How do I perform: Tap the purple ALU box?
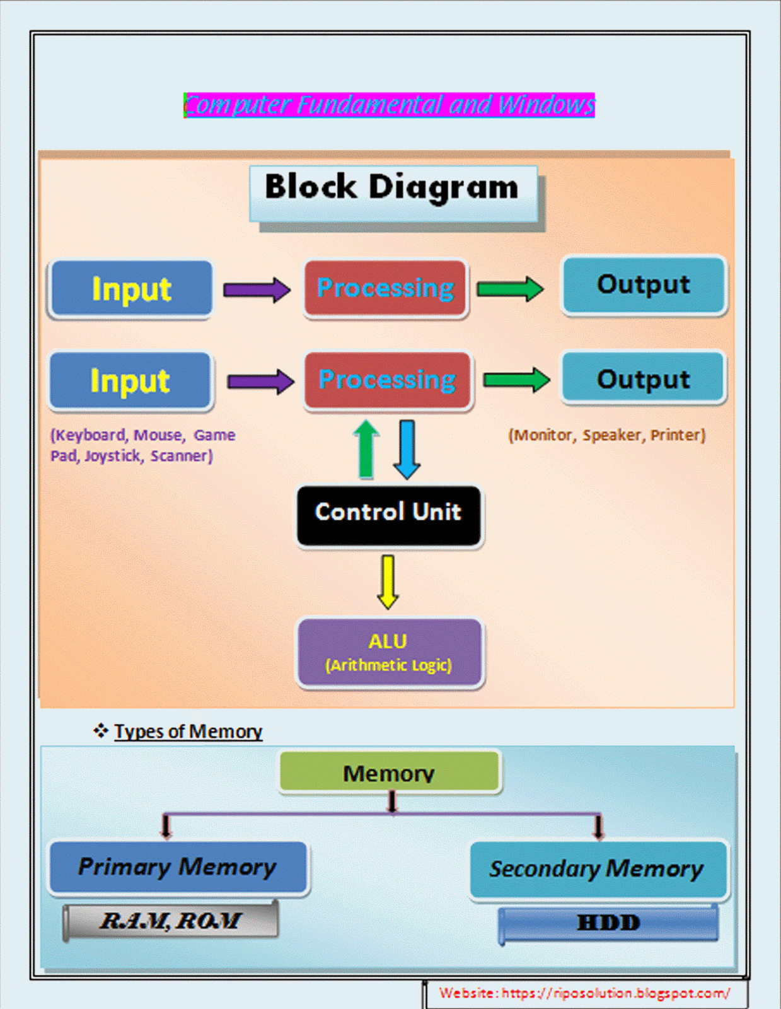(x=389, y=653)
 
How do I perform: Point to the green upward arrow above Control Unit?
(x=366, y=449)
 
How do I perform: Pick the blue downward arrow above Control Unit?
(x=407, y=449)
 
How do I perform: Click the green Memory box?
(x=389, y=772)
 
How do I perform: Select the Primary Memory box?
(x=177, y=867)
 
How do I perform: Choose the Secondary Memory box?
(x=598, y=869)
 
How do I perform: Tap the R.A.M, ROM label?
(x=170, y=921)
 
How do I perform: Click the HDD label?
(x=608, y=923)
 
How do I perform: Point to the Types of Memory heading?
(x=188, y=732)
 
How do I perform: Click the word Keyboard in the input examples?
(x=91, y=435)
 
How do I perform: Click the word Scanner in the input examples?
(x=180, y=456)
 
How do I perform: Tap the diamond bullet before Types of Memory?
(x=101, y=731)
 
